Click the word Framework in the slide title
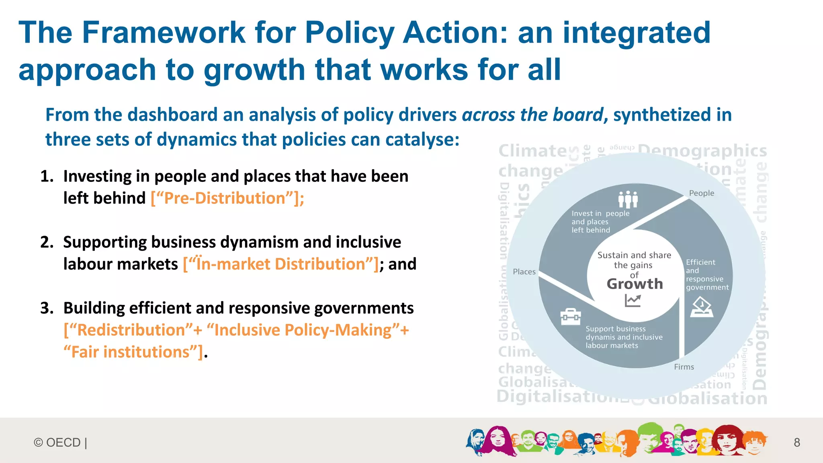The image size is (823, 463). (164, 33)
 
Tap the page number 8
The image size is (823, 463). (797, 442)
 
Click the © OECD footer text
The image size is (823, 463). (60, 442)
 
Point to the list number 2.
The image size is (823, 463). (47, 242)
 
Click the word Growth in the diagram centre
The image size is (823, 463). (635, 284)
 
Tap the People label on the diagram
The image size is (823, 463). (702, 193)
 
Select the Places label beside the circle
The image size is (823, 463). (524, 272)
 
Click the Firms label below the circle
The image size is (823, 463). (684, 367)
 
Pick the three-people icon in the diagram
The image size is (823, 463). (628, 199)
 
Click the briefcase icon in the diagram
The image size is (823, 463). (571, 317)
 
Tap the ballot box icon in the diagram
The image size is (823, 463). (702, 308)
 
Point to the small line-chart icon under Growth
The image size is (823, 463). (633, 300)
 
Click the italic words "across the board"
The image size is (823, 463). (532, 115)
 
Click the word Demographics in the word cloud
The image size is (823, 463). (702, 151)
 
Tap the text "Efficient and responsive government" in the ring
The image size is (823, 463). (706, 275)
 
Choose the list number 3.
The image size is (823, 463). (47, 308)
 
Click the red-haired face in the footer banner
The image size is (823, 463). (727, 439)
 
